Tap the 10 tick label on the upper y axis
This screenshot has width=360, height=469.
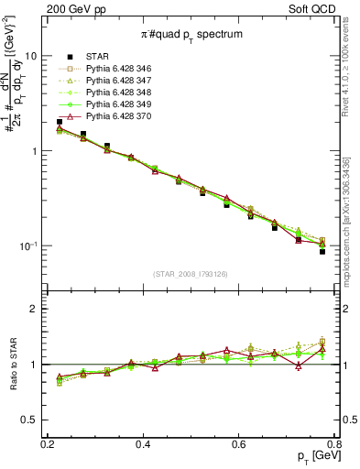pyautogui.click(x=31, y=56)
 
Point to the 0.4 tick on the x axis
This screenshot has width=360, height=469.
pyautogui.click(x=143, y=443)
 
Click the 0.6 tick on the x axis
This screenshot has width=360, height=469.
pyautogui.click(x=239, y=443)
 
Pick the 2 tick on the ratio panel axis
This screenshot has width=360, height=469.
pyautogui.click(x=34, y=309)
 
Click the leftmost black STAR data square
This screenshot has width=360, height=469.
pyautogui.click(x=60, y=122)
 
